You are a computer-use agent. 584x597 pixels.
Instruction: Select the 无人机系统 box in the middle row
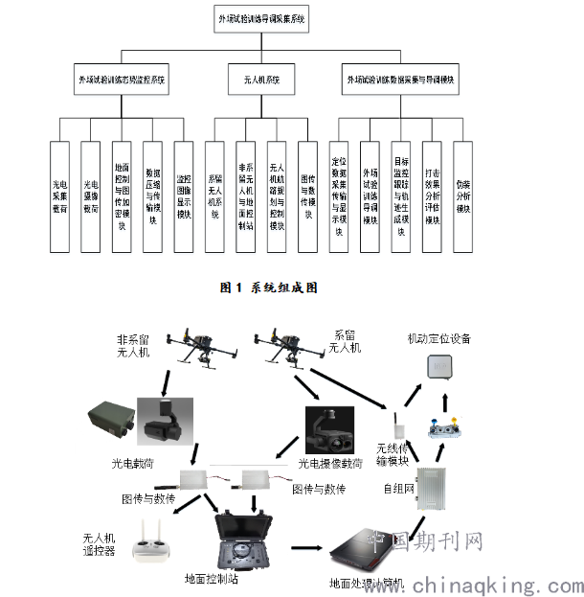pyautogui.click(x=256, y=80)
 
